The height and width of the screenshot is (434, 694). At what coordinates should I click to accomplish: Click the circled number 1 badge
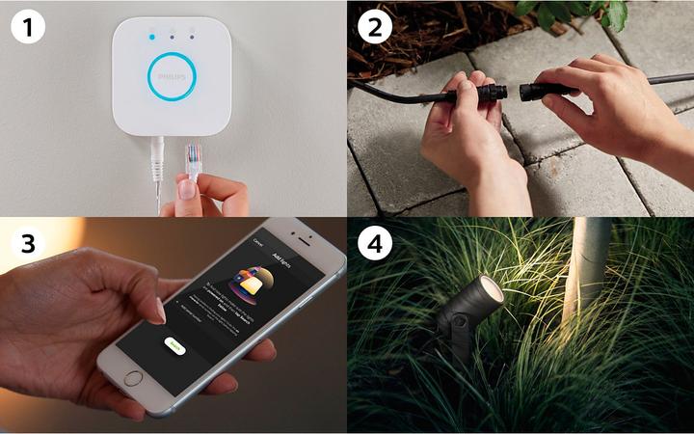tap(29, 26)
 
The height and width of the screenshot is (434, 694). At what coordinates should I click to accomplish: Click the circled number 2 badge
tap(375, 26)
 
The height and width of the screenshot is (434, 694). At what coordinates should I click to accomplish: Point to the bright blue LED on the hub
tap(150, 38)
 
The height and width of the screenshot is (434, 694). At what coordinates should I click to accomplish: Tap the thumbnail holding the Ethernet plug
tap(186, 188)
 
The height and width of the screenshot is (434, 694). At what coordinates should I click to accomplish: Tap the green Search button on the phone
tap(173, 344)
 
